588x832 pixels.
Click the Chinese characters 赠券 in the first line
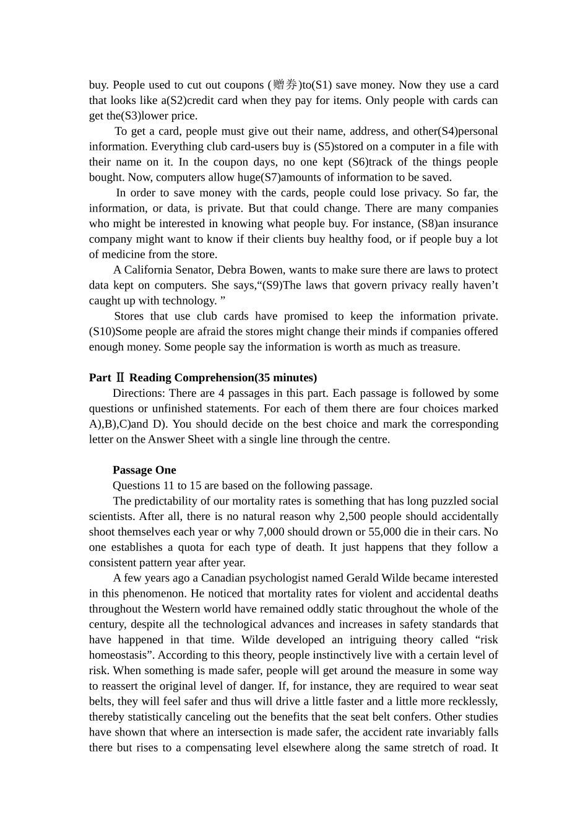285,85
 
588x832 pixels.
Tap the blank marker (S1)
322,85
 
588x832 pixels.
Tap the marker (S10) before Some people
102,331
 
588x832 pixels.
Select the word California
151,270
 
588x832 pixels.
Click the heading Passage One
144,470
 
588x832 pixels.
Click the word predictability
167,501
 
